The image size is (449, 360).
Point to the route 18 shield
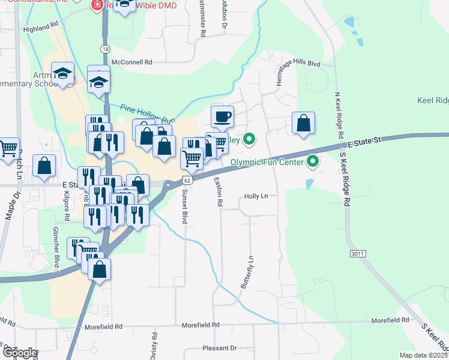coord(106,49)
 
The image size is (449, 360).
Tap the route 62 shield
coord(188,180)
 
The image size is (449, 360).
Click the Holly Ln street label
coord(256,196)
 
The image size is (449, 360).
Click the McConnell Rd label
coord(132,62)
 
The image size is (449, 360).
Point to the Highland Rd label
coord(41,28)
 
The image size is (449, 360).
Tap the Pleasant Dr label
coord(220,348)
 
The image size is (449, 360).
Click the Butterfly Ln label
coord(248,272)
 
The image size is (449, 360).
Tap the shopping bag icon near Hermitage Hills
coord(304,123)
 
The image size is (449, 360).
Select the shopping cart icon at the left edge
coord(8,148)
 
